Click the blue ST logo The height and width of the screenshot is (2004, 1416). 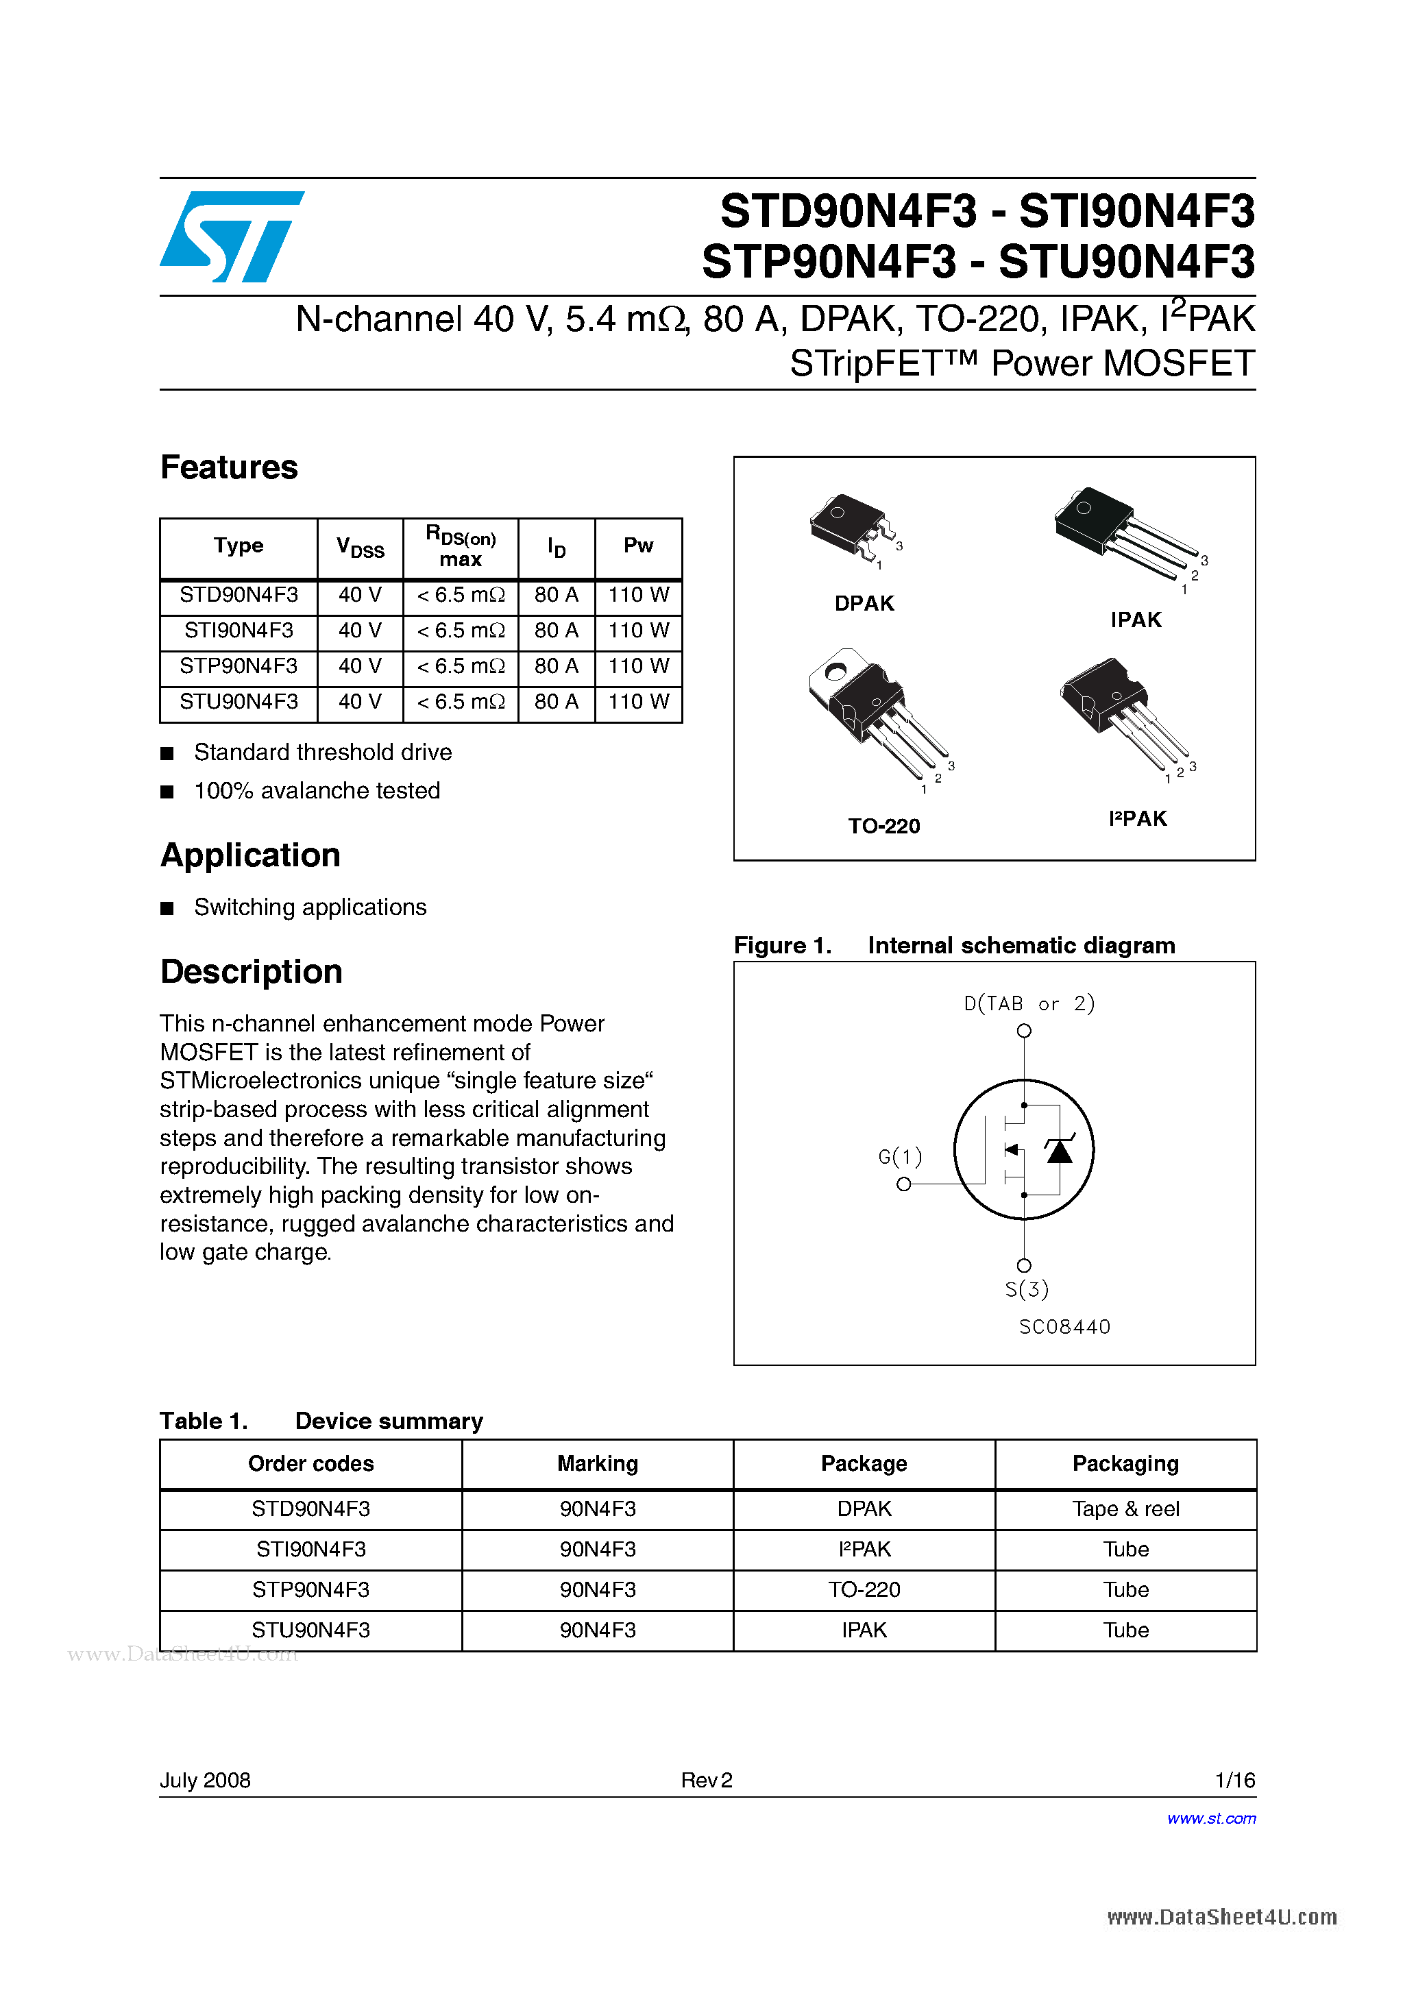pos(232,236)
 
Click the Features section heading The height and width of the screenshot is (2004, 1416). pos(229,468)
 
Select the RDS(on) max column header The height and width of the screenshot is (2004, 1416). pos(460,546)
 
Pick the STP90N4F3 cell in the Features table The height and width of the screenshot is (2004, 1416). pos(239,666)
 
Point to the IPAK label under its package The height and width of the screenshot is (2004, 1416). pos(1135,620)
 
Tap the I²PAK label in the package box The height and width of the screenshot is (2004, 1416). pos(1136,819)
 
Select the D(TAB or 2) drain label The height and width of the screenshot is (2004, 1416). pos(1028,1004)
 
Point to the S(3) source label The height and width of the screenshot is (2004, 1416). pos(1027,1289)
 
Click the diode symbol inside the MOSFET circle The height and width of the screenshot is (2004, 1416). pos(1060,1150)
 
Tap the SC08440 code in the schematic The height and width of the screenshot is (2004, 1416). pos(1064,1327)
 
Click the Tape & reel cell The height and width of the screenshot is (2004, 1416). pos(1125,1509)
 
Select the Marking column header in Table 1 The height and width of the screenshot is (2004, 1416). pos(597,1464)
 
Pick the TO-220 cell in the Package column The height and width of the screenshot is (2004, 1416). pos(864,1589)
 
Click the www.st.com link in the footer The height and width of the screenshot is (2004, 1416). pos(1211,1818)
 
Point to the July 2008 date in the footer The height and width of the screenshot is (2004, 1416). pos(205,1780)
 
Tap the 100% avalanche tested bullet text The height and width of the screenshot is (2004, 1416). pos(317,791)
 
